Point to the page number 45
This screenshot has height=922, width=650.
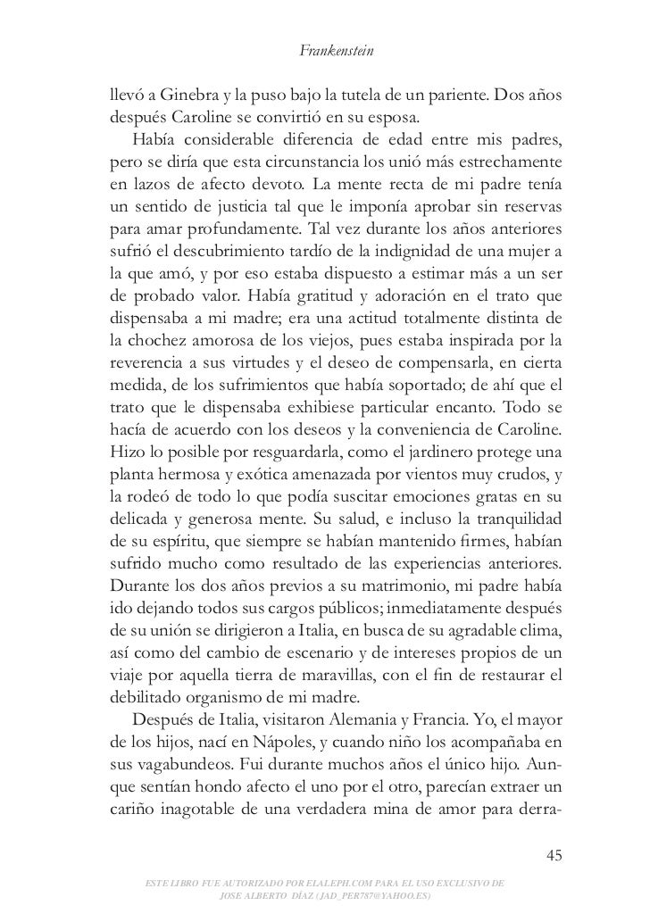[x=554, y=858]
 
